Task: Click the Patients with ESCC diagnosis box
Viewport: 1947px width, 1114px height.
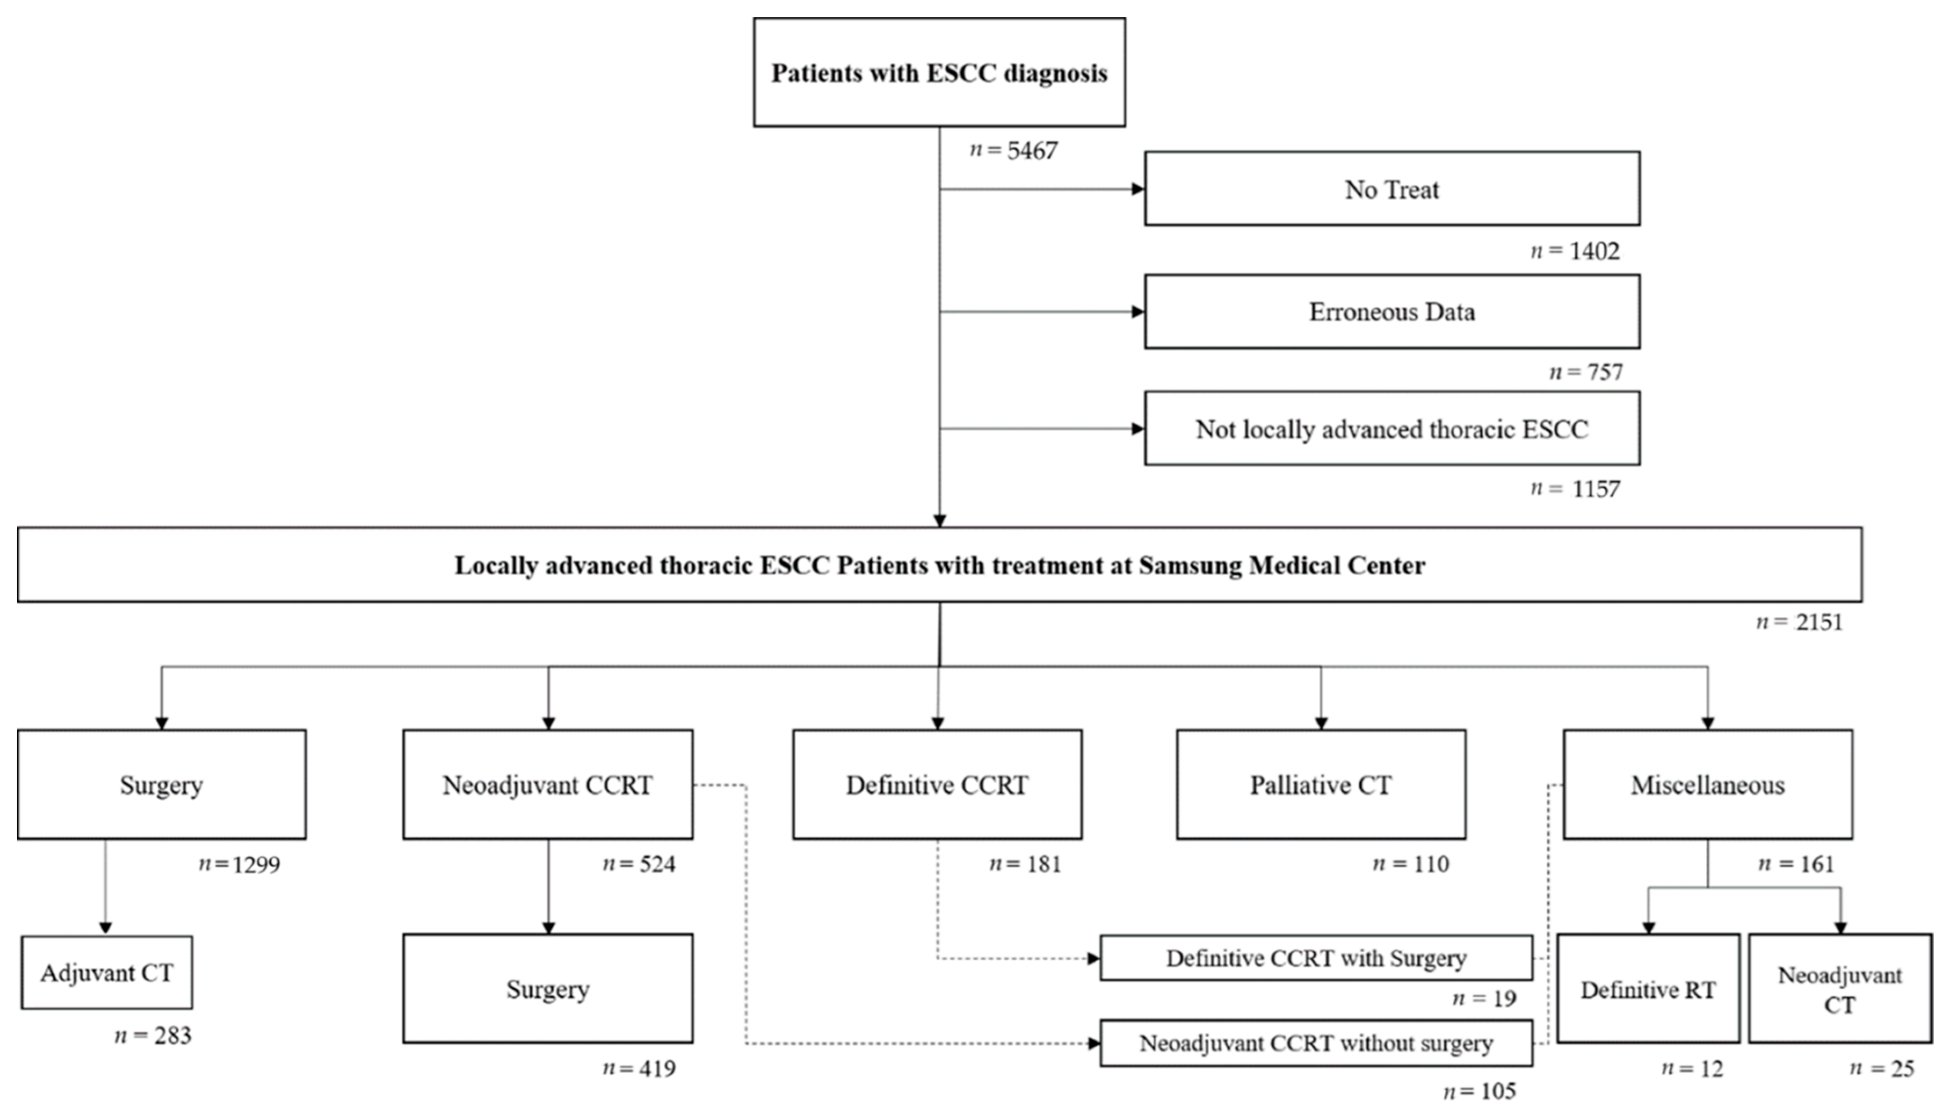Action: pos(939,73)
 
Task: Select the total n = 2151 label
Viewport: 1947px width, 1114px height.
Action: pos(1799,622)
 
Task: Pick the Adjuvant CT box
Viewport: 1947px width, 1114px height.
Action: pos(106,973)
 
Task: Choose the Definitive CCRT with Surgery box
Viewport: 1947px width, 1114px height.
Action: pos(1316,958)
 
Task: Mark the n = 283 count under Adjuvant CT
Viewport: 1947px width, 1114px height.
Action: pos(153,1036)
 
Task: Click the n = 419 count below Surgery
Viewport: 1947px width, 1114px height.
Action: pos(639,1069)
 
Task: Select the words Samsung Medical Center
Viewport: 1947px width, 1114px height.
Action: pos(1282,566)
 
